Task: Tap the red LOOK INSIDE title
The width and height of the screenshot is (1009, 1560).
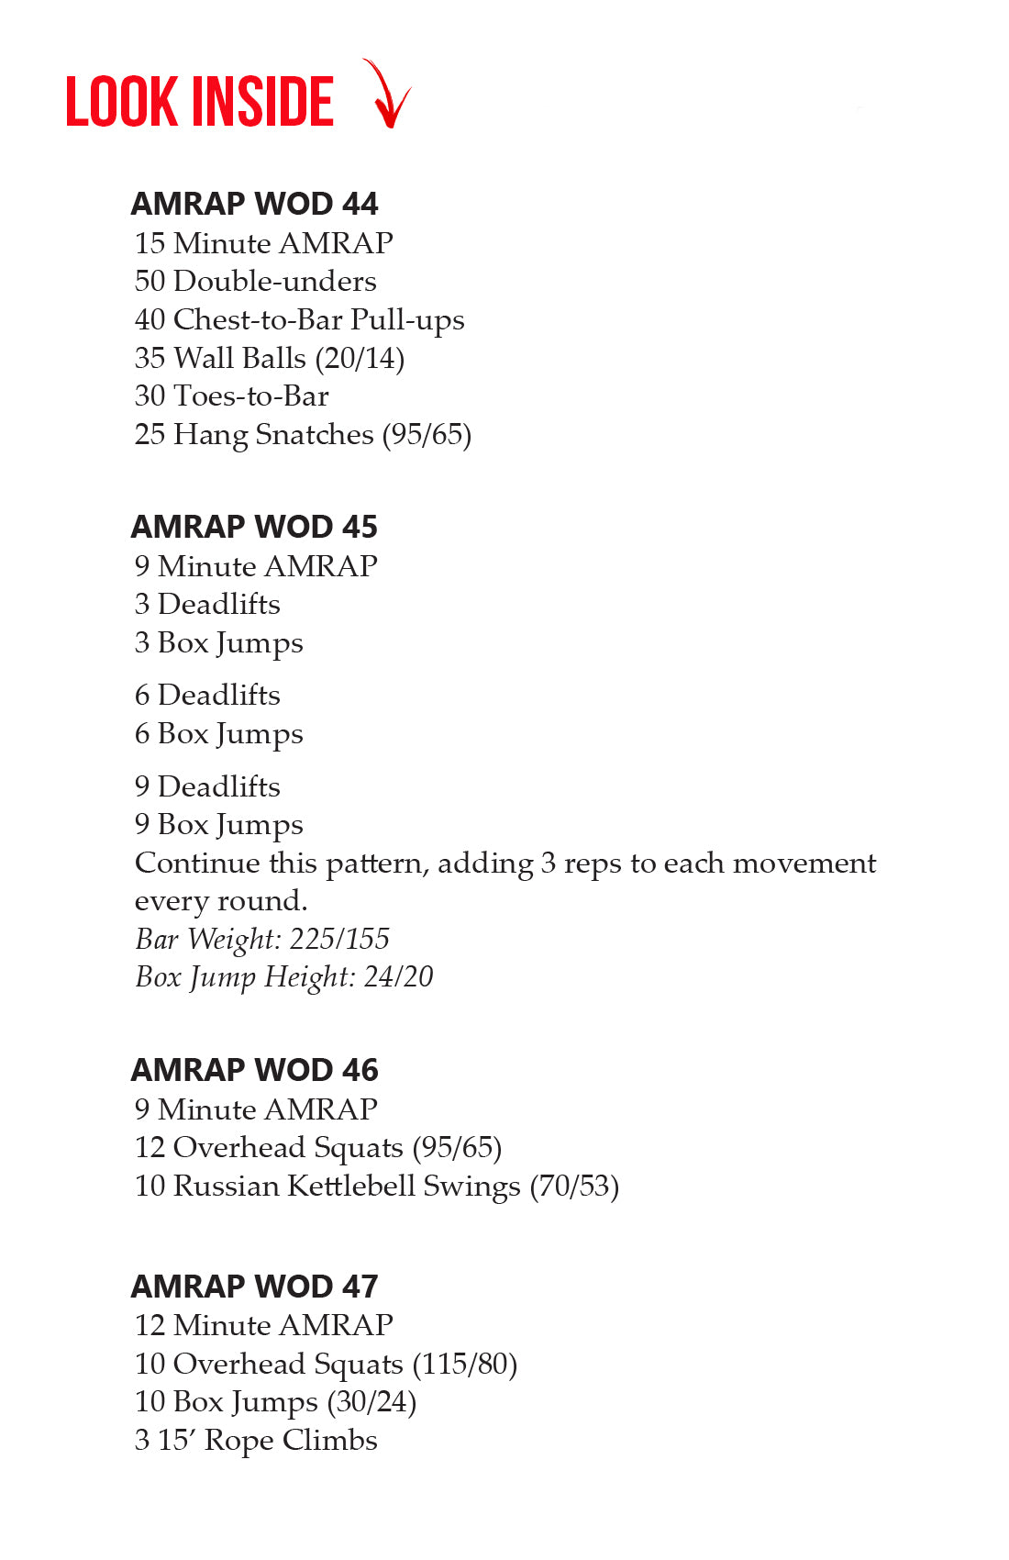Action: [199, 102]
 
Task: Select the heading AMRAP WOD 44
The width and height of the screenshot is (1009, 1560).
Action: [254, 204]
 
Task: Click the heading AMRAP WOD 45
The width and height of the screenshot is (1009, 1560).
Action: [254, 527]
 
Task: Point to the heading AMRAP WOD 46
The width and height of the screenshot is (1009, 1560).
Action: [254, 1070]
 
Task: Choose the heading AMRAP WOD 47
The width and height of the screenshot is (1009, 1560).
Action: [254, 1287]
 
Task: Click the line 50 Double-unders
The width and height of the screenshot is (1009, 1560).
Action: [255, 282]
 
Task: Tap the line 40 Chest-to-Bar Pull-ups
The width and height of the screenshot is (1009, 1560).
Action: [299, 320]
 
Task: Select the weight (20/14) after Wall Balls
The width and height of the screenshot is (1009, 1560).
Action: [360, 359]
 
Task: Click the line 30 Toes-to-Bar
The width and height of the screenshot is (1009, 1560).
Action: [231, 396]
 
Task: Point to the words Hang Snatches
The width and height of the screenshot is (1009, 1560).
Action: [273, 435]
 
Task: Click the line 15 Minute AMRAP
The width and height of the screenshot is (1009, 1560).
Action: [263, 243]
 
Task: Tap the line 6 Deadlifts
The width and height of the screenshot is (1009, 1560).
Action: [207, 696]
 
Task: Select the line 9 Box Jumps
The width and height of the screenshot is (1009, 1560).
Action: [218, 825]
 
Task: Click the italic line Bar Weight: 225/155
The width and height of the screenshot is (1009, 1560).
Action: [262, 940]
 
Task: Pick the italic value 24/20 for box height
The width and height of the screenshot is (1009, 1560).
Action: [398, 977]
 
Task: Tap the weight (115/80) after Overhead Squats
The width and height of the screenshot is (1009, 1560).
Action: [464, 1365]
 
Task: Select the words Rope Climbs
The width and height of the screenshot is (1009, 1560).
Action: [291, 1441]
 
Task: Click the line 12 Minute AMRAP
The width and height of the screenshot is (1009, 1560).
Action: [263, 1326]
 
